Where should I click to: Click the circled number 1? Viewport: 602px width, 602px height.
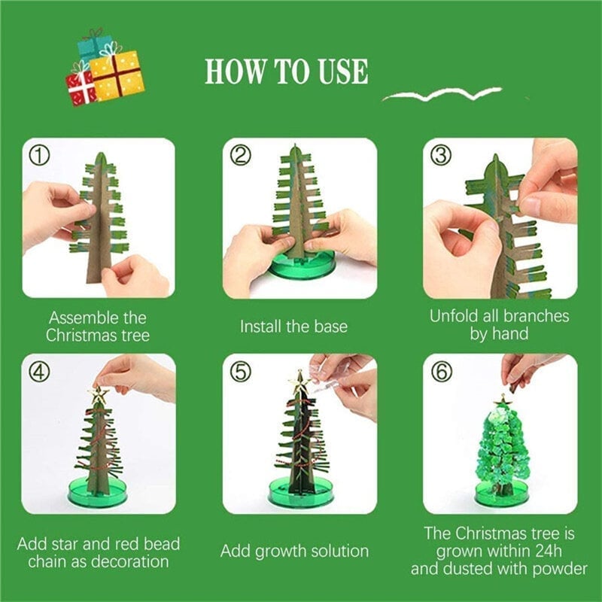click(40, 157)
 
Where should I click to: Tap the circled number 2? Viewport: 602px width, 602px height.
click(240, 156)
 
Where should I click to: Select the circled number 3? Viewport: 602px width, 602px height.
click(441, 157)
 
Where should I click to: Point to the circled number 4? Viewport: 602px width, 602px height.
click(40, 372)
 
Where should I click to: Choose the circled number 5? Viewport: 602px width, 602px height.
click(240, 372)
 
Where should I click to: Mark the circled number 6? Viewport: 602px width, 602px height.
click(441, 372)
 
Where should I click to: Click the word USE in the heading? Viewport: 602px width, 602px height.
click(343, 71)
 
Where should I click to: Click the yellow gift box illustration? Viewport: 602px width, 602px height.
click(117, 76)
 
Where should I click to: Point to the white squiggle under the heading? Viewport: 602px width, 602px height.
click(442, 94)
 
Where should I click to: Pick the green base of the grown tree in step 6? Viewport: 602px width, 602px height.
click(500, 494)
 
